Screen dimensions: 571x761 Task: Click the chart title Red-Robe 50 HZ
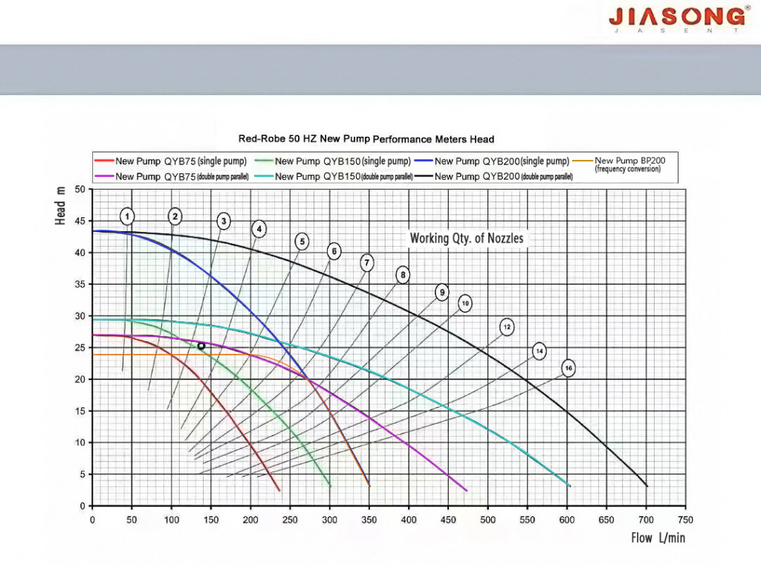point(366,139)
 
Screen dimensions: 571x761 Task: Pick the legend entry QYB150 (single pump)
point(333,161)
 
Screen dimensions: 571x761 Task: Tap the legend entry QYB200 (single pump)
point(492,161)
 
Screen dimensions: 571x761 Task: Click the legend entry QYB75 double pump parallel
point(172,177)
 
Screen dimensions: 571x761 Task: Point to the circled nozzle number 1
point(128,216)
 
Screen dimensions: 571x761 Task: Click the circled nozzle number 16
point(569,369)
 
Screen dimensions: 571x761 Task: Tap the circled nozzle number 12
point(507,327)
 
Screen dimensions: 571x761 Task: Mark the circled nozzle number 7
point(366,262)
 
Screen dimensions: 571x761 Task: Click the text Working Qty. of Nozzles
point(467,239)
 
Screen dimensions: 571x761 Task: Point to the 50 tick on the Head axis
point(80,190)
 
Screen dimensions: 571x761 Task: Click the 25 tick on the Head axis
point(80,348)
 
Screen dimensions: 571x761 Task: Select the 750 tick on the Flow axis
point(686,520)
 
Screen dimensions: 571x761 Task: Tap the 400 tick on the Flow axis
point(409,520)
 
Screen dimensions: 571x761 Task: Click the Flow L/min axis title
point(658,538)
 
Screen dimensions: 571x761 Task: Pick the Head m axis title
point(61,207)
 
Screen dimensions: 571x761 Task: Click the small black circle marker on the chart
point(201,346)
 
